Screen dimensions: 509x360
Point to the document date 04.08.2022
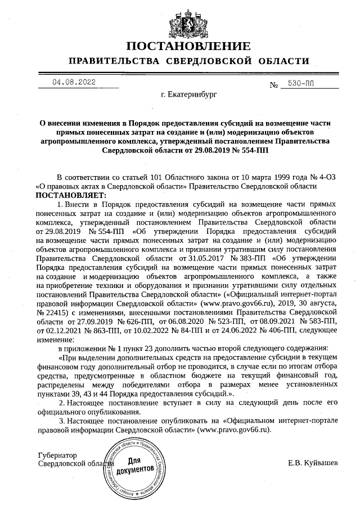(x=74, y=82)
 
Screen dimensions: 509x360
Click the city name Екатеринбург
(x=188, y=96)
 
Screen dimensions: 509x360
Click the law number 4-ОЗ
(x=322, y=176)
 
